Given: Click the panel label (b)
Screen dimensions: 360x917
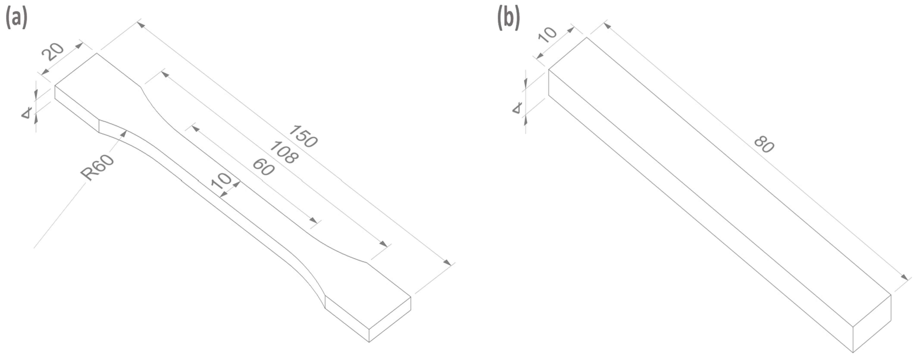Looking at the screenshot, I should coord(508,19).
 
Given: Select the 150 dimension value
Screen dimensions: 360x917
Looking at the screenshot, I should coord(303,136).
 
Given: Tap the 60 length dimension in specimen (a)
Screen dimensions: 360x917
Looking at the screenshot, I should coord(263,167).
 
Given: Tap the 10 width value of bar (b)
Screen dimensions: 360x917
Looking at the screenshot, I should coord(548,34).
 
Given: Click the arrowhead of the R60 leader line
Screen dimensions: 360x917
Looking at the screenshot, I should coord(125,133).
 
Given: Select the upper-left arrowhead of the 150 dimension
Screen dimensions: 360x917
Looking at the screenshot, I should coord(141,25).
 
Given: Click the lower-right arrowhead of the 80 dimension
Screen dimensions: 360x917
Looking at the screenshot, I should coord(904,277).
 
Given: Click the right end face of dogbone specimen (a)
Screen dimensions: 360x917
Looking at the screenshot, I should coord(390,319).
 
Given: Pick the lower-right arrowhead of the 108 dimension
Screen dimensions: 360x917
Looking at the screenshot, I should coord(384,244).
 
